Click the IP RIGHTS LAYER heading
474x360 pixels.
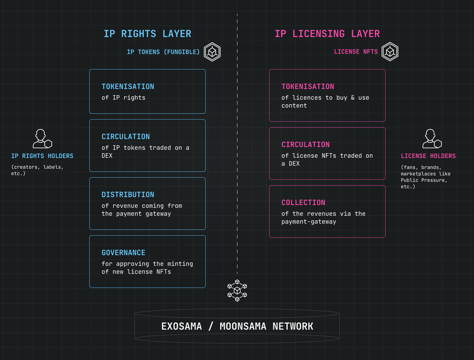point(147,34)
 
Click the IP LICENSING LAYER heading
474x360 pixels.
point(327,34)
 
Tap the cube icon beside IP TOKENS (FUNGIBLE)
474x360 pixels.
point(212,52)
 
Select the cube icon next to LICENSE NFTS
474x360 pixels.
point(390,52)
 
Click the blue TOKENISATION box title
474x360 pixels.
point(128,87)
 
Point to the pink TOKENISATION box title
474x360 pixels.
point(308,87)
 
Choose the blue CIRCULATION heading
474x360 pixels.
point(126,137)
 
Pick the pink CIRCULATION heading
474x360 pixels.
point(305,144)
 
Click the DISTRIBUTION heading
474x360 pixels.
point(128,194)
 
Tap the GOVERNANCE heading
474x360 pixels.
point(123,253)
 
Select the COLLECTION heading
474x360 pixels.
point(304,202)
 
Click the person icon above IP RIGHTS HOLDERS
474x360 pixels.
point(42,139)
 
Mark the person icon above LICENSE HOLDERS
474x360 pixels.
point(432,139)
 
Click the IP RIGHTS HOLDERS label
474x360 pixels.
point(42,156)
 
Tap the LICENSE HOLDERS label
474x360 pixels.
point(428,156)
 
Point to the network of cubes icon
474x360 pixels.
point(237,291)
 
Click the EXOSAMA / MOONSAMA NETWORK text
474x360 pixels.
point(237,327)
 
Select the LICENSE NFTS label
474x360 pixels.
point(356,52)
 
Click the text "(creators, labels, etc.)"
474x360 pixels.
point(37,170)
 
